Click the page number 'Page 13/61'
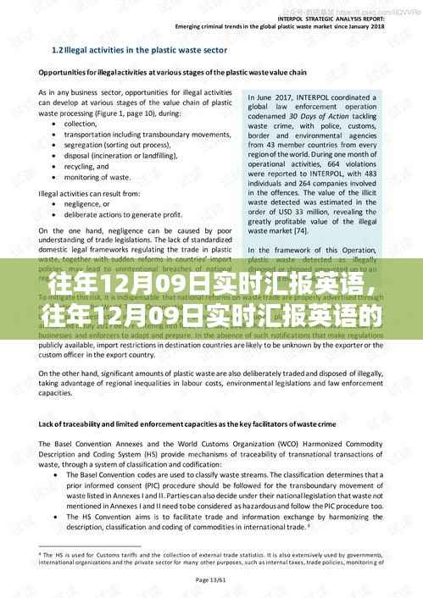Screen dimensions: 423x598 213,579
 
